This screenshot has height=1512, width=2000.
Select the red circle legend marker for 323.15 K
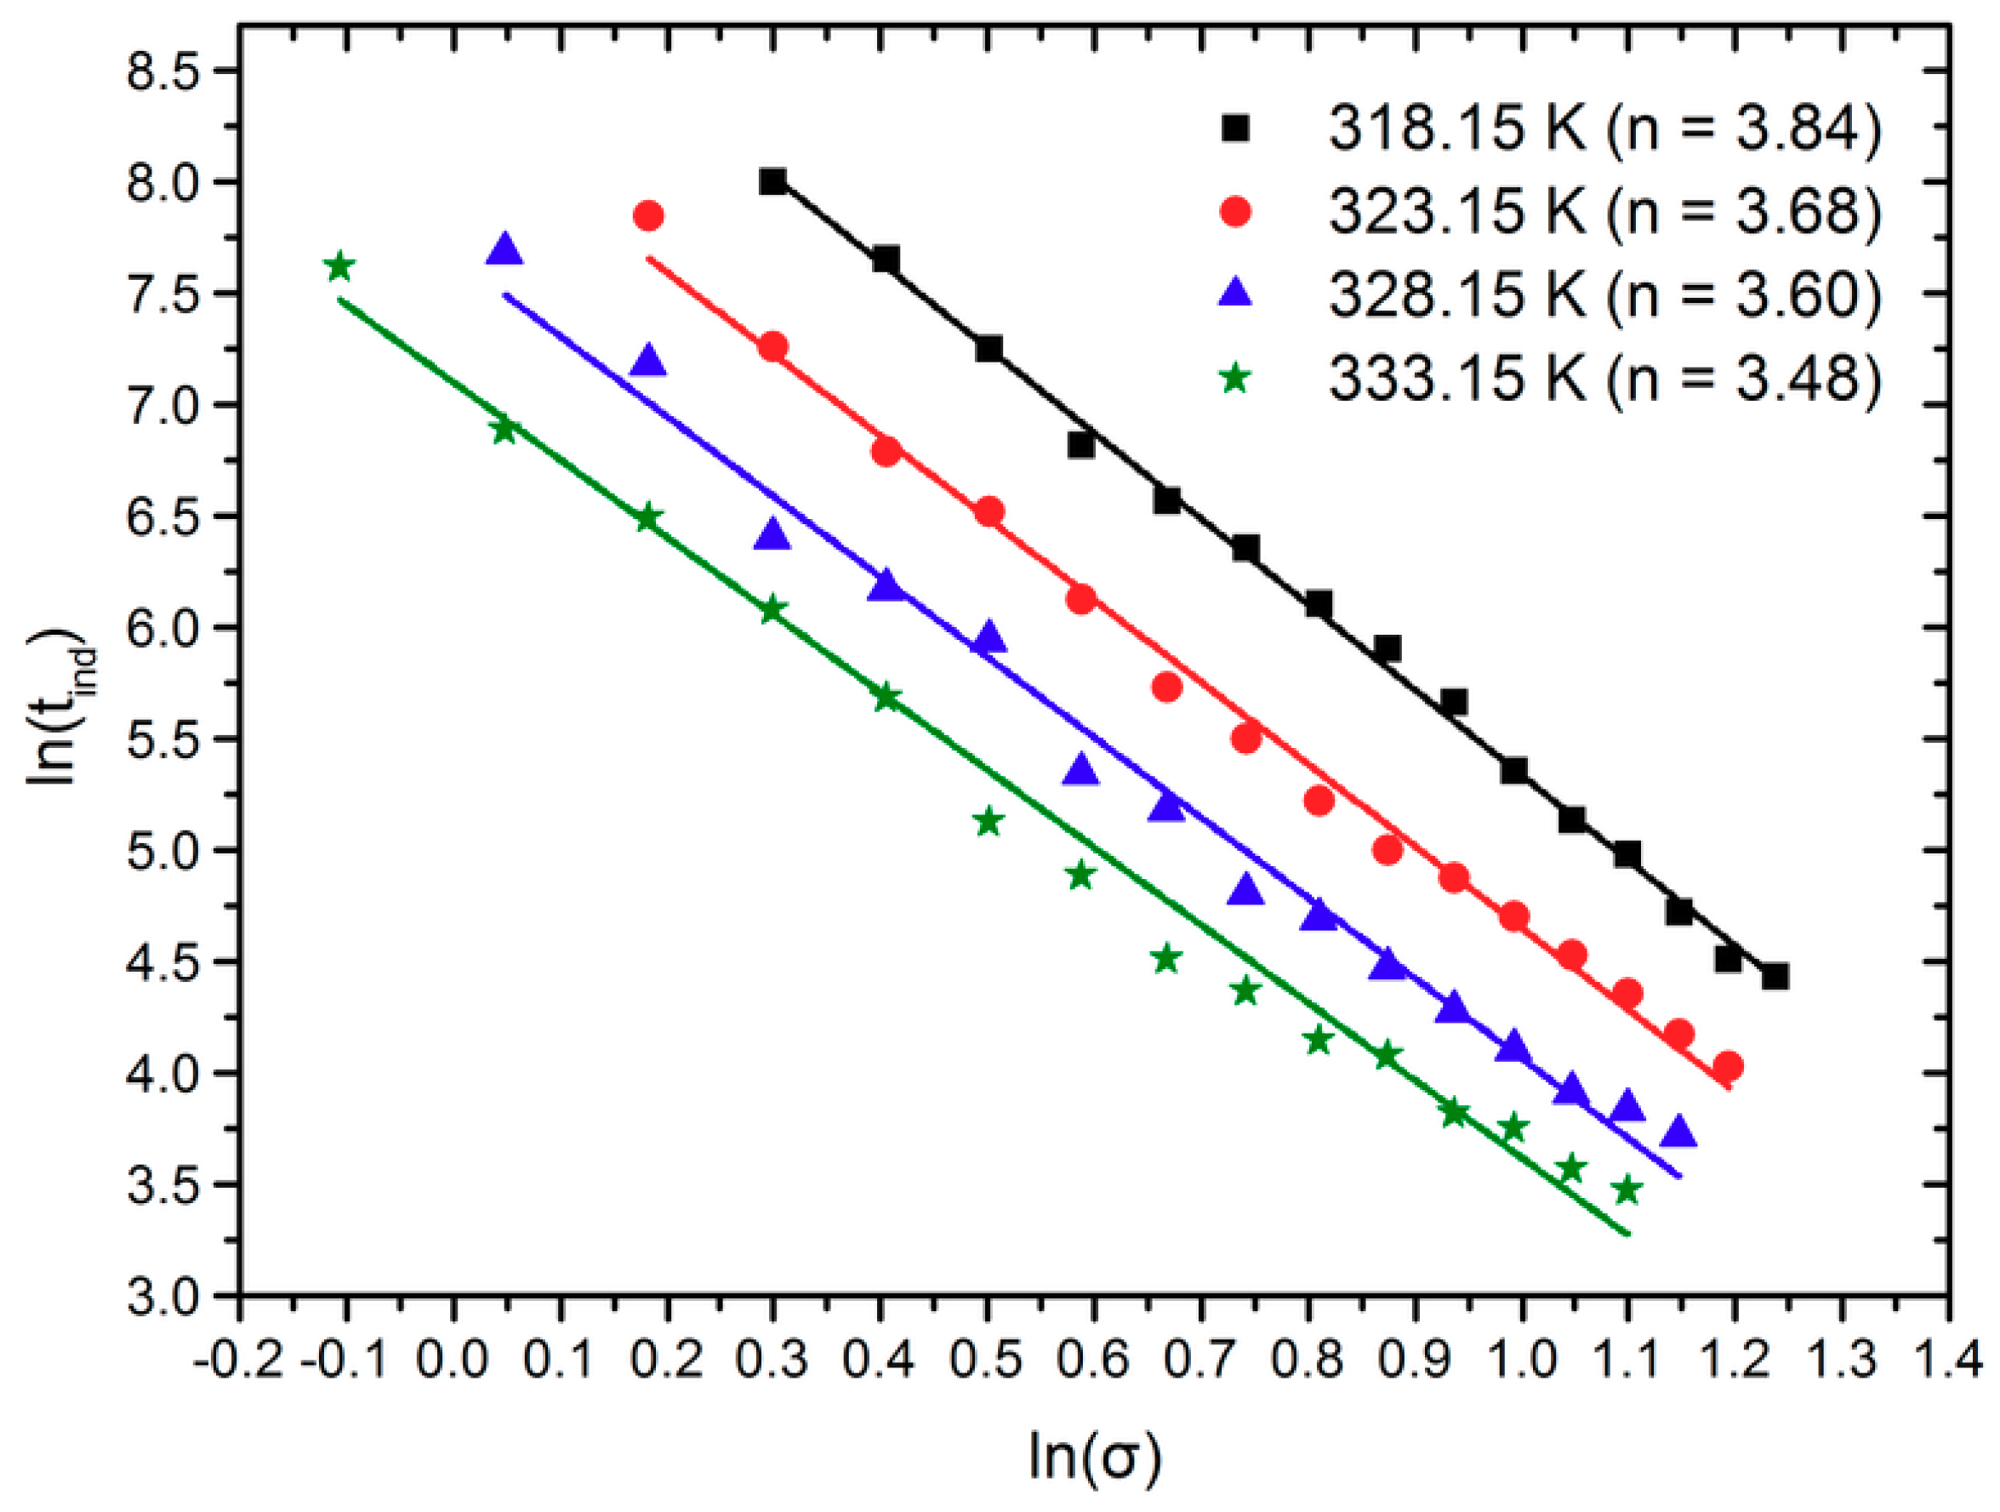click(1235, 212)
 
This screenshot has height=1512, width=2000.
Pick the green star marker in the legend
click(1235, 378)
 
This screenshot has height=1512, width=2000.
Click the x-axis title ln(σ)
click(1094, 1458)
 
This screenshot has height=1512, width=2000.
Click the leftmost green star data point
click(340, 267)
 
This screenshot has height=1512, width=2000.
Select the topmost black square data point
click(772, 182)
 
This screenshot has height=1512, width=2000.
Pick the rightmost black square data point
click(1775, 977)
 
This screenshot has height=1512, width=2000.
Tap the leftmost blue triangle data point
click(504, 250)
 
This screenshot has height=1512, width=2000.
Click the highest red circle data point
click(648, 216)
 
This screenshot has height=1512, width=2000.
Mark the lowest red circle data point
click(1728, 1066)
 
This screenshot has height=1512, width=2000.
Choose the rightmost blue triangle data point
click(1679, 1133)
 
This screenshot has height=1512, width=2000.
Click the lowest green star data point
click(1627, 1190)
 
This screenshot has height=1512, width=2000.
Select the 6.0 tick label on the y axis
click(156, 628)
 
